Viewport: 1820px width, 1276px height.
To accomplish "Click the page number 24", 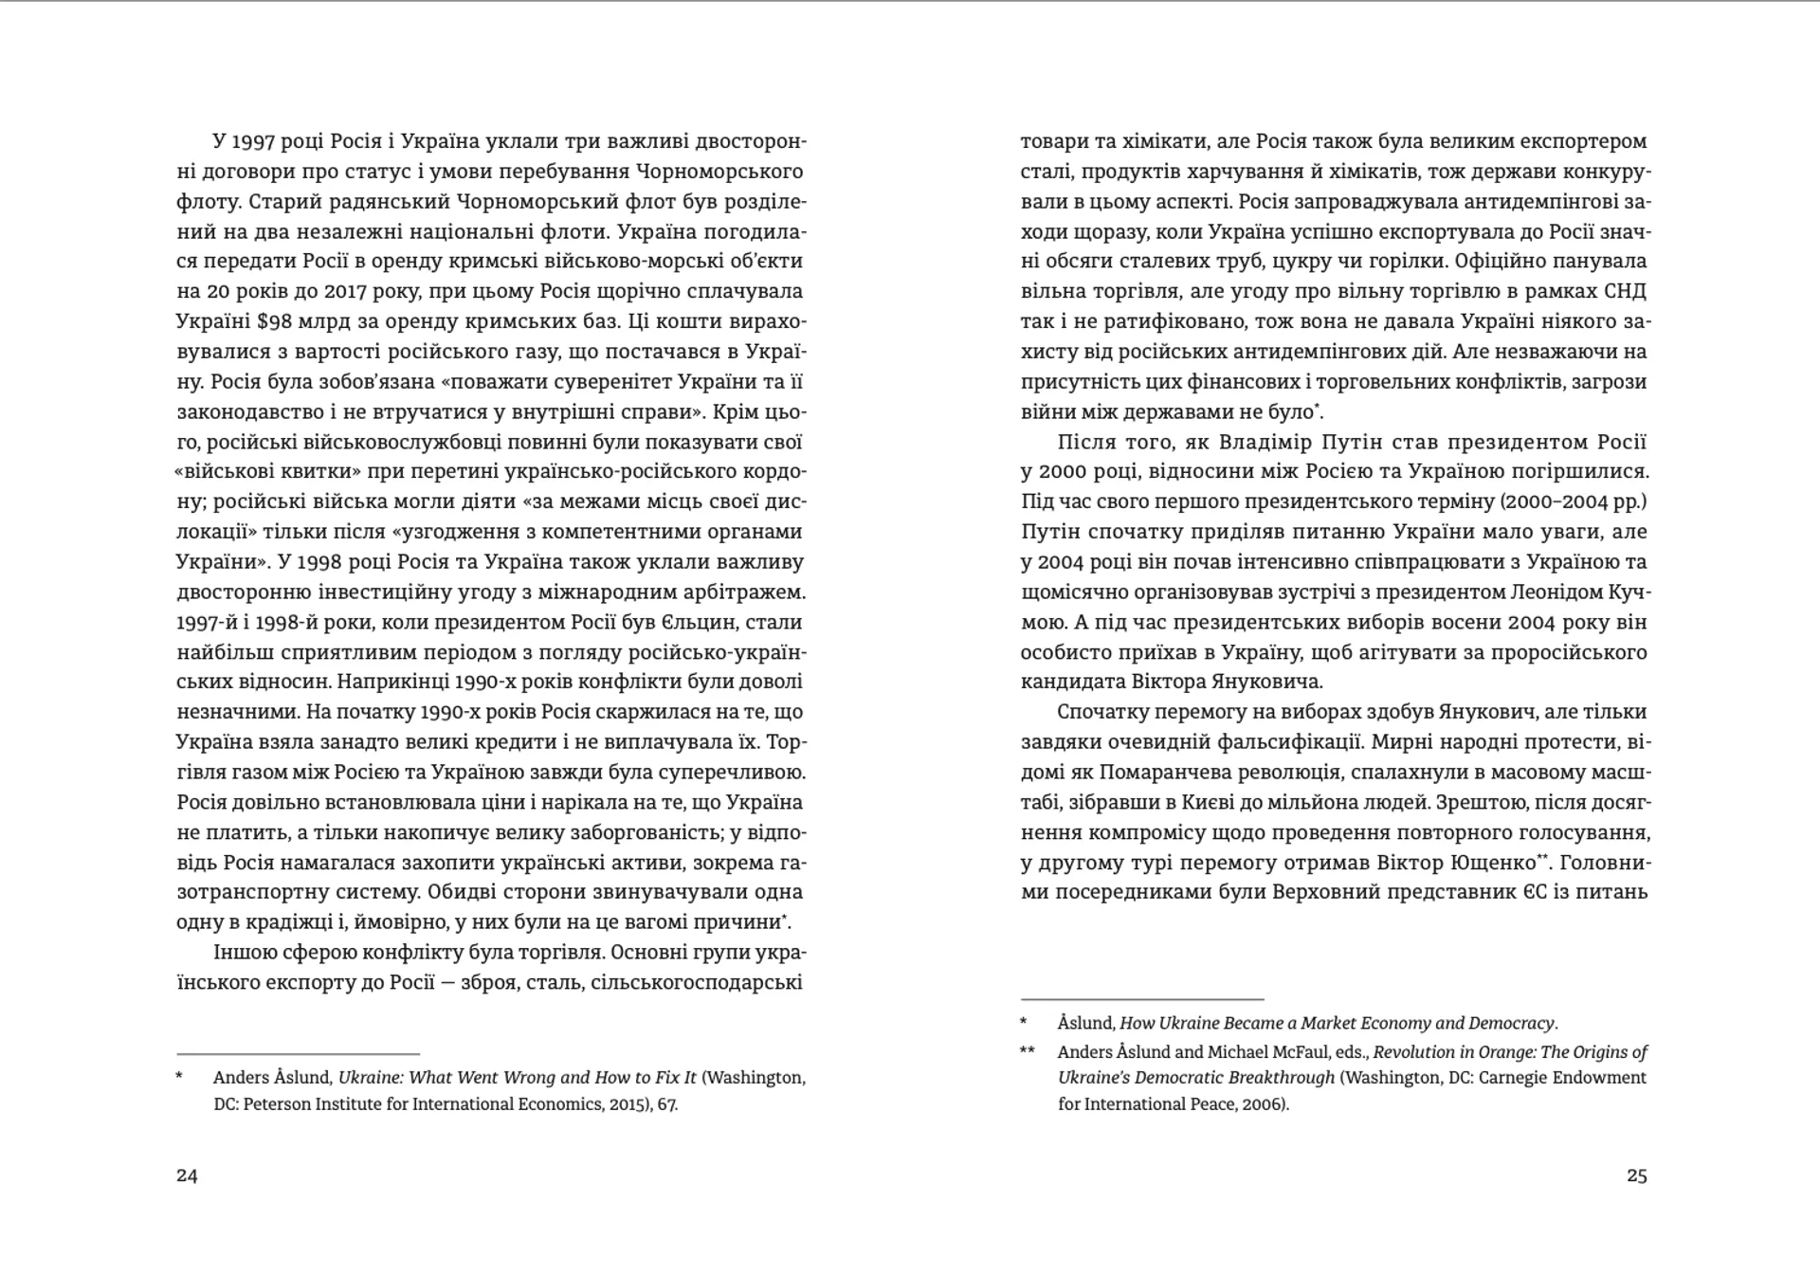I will click(x=187, y=1176).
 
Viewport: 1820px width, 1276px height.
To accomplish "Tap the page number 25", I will click(x=1637, y=1176).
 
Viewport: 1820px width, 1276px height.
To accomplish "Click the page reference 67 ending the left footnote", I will click(x=665, y=1103).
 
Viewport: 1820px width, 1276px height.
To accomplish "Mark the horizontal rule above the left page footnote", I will click(x=298, y=1053).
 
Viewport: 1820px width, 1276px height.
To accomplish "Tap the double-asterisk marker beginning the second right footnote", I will click(x=1028, y=1051).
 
